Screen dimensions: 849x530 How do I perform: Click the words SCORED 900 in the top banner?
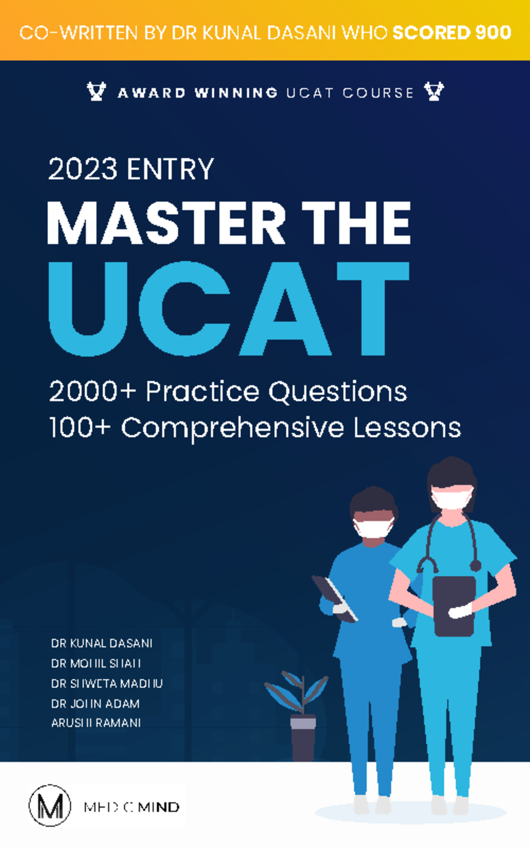452,32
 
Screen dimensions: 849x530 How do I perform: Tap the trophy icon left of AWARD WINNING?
96,92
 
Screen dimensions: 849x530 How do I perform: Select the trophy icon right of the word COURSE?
434,92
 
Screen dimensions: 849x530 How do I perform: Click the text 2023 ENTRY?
131,169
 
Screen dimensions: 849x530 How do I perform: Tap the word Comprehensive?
232,428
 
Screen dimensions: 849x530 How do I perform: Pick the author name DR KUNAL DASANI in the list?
102,643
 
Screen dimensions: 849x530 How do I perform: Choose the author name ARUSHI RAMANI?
96,723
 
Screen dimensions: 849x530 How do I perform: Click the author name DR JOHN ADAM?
95,703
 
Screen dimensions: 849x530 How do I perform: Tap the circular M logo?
49,806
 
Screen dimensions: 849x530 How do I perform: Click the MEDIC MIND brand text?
132,807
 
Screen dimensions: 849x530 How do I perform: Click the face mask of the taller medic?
451,498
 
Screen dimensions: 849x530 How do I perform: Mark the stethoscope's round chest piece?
475,566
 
